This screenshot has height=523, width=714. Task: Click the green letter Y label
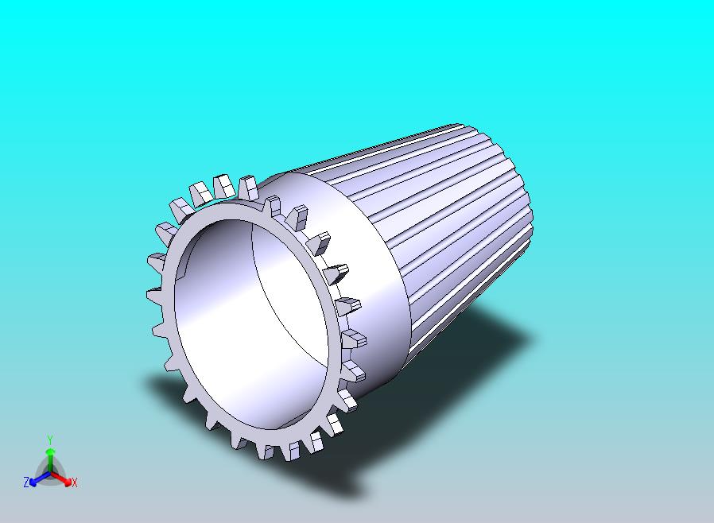pos(50,440)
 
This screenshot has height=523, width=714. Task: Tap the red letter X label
pos(75,482)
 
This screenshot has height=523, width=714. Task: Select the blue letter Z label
pos(26,482)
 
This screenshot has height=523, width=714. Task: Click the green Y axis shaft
pos(50,463)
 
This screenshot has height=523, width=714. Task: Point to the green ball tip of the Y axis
pos(51,451)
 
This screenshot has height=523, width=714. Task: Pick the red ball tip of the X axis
pos(68,482)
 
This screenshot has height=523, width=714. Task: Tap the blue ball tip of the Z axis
pos(33,482)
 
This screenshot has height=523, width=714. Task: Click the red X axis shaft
pos(59,477)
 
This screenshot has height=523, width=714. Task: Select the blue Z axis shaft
pos(42,477)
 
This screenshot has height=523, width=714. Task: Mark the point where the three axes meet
pos(51,473)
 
